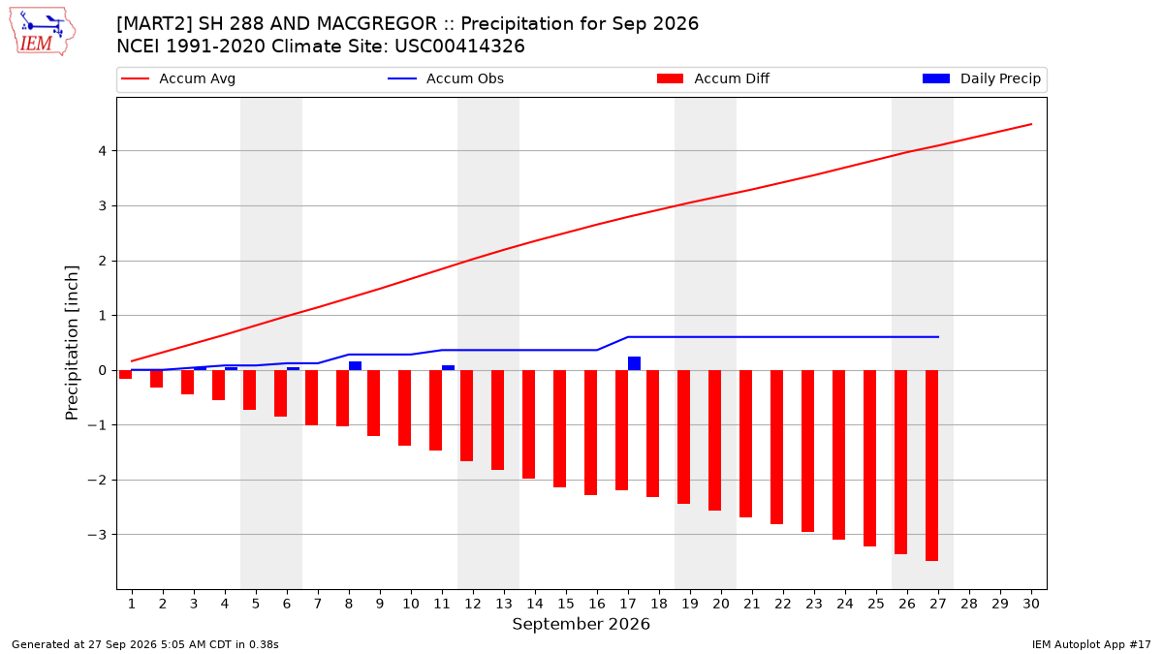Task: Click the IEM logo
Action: tap(42, 32)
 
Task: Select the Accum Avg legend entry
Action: tap(178, 78)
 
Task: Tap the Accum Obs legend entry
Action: tap(446, 78)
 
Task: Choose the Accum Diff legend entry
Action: tap(713, 78)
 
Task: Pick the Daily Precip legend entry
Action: tap(981, 78)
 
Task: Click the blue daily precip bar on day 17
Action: tap(634, 363)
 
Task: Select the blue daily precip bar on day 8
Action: tap(355, 366)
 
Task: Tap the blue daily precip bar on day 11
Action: tap(448, 368)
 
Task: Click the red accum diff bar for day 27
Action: tap(931, 466)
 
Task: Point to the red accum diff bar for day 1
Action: tap(125, 374)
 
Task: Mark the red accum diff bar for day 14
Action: tap(528, 424)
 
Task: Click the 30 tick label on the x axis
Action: tap(1031, 604)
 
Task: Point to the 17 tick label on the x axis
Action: tap(628, 604)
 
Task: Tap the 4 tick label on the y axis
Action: tap(103, 151)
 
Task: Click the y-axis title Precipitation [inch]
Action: tap(72, 343)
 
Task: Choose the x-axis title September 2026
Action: tap(581, 624)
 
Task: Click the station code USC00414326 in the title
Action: tap(459, 47)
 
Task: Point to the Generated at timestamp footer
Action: tap(144, 644)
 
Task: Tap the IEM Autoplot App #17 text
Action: tap(1091, 644)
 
